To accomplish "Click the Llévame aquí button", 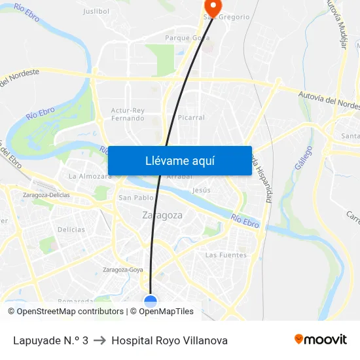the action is tap(179, 161).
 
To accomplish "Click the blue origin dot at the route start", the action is tap(151, 301).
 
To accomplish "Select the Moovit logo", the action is tap(320, 340).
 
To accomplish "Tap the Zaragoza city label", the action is tap(162, 215).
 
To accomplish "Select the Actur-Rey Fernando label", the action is tap(128, 115).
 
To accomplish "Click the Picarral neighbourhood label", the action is tap(191, 118).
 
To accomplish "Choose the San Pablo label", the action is tap(135, 197).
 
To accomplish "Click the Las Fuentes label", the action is tap(226, 255).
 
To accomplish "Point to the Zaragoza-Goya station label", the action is tap(123, 269).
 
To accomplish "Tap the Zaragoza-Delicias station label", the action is tap(46, 194).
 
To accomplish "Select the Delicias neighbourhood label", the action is tap(71, 230).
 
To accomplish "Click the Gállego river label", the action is tap(303, 158).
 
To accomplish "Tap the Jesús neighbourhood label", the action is tap(202, 190).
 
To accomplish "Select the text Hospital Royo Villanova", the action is tap(170, 340).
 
